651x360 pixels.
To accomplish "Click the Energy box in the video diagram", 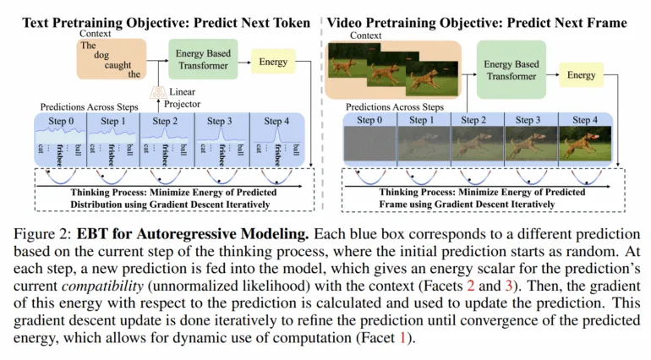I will click(x=582, y=75).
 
